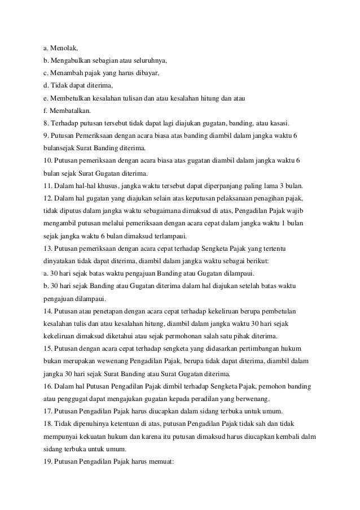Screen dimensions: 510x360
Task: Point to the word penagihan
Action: (271, 199)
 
